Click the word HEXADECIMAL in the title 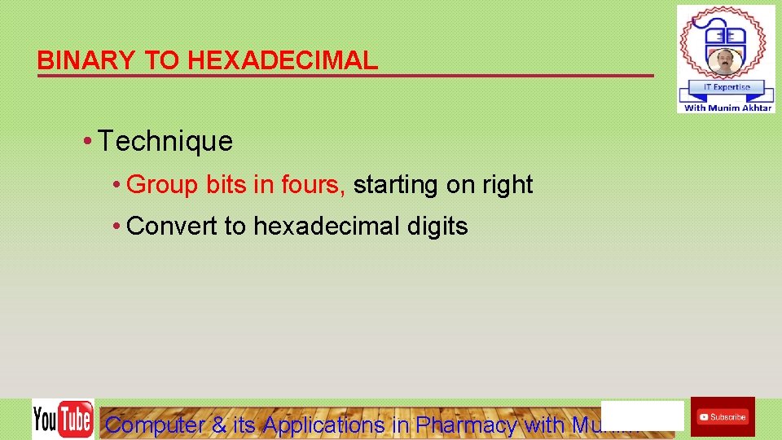pyautogui.click(x=283, y=60)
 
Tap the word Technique pyautogui.click(x=165, y=141)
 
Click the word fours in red pyautogui.click(x=313, y=185)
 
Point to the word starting pyautogui.click(x=396, y=185)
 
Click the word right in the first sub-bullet pyautogui.click(x=507, y=185)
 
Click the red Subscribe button pyautogui.click(x=723, y=417)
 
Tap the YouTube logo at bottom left pyautogui.click(x=63, y=420)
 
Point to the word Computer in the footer pyautogui.click(x=155, y=425)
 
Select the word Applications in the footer pyautogui.click(x=323, y=425)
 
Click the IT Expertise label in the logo pyautogui.click(x=726, y=87)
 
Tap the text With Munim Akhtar pyautogui.click(x=727, y=108)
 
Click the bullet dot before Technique pyautogui.click(x=87, y=142)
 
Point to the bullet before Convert pyautogui.click(x=118, y=227)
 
